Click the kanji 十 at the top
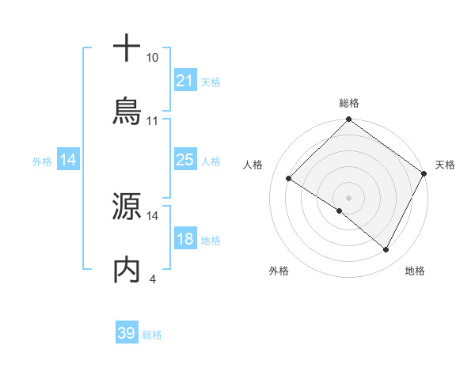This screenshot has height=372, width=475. pos(127,47)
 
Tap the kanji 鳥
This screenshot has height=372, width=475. pos(127,112)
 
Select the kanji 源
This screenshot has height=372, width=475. pos(127,207)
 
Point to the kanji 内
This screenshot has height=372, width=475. pos(127,271)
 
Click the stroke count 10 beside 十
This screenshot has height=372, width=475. pos(153,58)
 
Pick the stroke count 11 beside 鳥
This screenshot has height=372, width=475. pos(153,121)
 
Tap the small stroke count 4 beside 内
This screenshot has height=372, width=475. pos(152,279)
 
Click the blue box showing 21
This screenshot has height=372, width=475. pos(184,81)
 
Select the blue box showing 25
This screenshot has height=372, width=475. pos(184,160)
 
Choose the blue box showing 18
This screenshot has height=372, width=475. pos(184,239)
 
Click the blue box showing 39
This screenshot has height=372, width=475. pos(126,333)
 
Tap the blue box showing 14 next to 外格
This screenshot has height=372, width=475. pos(68,160)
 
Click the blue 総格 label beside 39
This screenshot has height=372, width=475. pos(153,335)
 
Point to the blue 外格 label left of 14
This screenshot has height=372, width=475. pos(42,161)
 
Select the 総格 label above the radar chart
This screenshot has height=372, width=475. pos(349,103)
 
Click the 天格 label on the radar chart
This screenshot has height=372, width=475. pos(445,165)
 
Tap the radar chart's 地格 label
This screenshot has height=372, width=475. pos(415,271)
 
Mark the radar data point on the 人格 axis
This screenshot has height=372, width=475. pos(289,178)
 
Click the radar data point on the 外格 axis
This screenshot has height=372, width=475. pos(340,211)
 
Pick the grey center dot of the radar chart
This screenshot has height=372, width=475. pos(349,197)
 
